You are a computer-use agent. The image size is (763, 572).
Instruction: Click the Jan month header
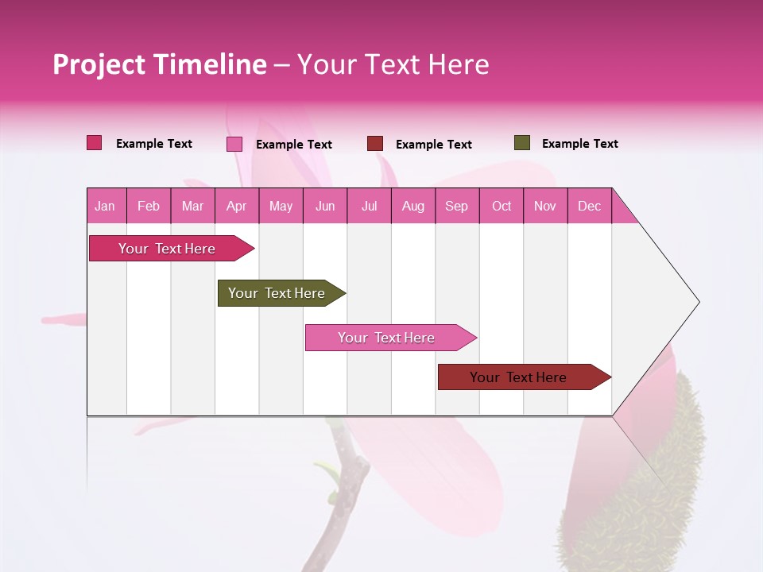coord(105,206)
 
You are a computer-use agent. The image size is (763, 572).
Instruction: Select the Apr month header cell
coord(237,206)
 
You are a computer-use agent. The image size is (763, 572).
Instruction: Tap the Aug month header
coord(413,206)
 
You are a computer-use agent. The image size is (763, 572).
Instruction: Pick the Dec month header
coord(590,206)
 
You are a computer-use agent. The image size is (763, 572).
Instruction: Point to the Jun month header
coord(325,206)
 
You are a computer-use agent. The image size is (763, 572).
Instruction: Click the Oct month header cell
coord(502,206)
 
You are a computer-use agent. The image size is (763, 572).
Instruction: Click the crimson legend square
coord(95,143)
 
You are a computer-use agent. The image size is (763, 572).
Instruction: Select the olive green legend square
coord(521,143)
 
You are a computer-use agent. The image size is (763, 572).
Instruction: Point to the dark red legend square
coord(375,144)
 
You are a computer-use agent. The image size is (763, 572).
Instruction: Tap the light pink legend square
coord(234,144)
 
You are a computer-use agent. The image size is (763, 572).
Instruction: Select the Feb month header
coord(149,206)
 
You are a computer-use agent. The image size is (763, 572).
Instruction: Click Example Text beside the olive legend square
coord(579,144)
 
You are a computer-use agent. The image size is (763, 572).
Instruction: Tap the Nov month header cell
coord(545,206)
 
